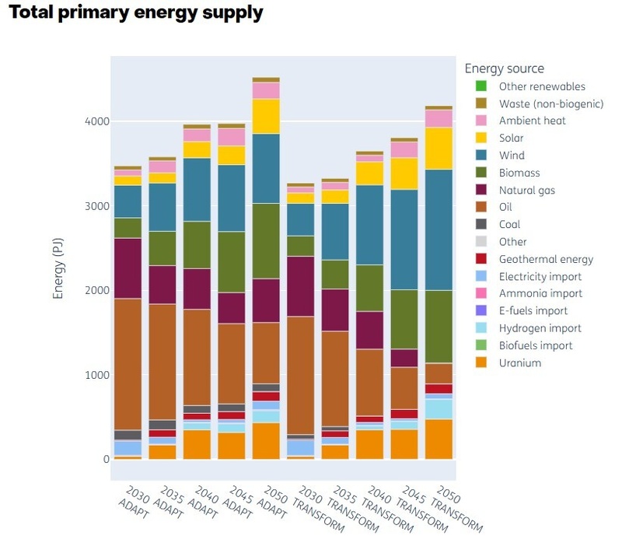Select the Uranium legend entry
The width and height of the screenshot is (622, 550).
(519, 363)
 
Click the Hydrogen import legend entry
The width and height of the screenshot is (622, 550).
(540, 328)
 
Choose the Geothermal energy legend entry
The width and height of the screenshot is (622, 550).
(546, 259)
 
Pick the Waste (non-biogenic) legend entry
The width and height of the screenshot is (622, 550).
(550, 103)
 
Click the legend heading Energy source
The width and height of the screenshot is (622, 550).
(505, 69)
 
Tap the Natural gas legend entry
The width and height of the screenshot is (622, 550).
(526, 190)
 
